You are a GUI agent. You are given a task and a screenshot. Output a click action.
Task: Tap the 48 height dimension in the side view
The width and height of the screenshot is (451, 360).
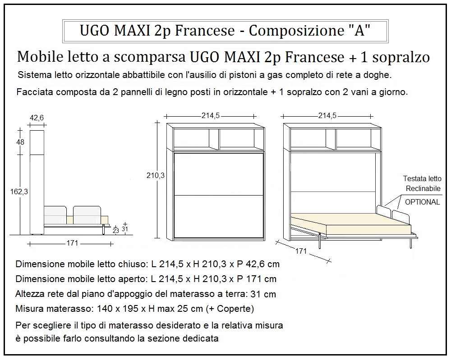[x=20, y=142]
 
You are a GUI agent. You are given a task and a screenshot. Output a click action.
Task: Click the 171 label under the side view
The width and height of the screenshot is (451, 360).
[x=72, y=243]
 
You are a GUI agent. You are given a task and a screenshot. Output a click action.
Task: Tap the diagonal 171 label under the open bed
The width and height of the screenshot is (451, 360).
[x=301, y=251]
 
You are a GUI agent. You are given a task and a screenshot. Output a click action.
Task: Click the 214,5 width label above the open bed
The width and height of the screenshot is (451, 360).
[x=327, y=116]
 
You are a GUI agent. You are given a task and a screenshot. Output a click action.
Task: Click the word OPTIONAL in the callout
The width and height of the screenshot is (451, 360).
[x=422, y=202]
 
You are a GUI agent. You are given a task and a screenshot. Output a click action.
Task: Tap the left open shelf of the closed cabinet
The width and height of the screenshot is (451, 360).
[x=196, y=139]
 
